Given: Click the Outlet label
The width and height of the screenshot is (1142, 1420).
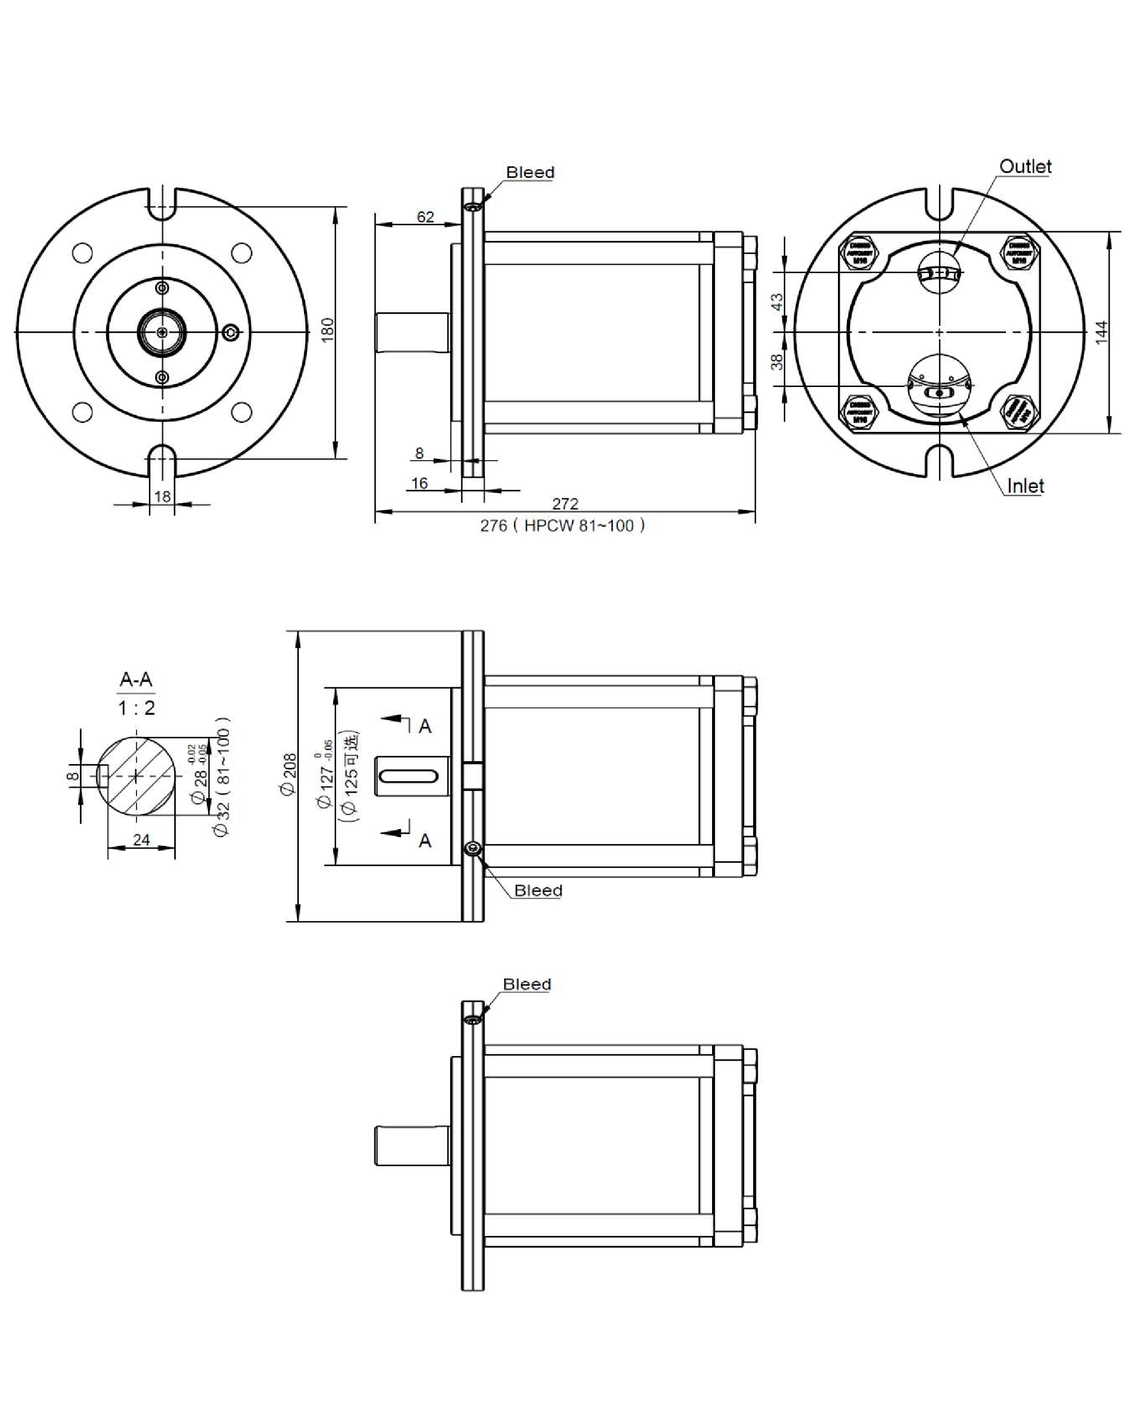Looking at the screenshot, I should click(x=1025, y=167).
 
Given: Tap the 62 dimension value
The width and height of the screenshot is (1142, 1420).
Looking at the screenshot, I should click(x=425, y=217).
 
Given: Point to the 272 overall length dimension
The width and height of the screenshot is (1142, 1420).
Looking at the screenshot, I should click(x=565, y=504).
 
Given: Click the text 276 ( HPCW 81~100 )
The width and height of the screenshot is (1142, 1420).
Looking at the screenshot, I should click(x=562, y=526).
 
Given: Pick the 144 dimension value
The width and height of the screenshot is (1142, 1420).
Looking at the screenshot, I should click(x=1101, y=332).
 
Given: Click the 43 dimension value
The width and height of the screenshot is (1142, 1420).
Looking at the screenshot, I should click(x=778, y=302).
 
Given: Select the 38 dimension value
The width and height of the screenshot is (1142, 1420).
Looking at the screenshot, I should click(x=778, y=362).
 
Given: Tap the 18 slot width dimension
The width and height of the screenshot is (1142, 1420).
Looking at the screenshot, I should click(x=162, y=496).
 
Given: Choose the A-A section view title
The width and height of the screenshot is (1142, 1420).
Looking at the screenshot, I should click(x=136, y=679).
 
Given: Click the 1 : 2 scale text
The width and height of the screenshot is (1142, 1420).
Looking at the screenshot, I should click(x=137, y=708).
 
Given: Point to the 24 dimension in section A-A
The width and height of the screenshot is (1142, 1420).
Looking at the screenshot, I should click(x=141, y=840).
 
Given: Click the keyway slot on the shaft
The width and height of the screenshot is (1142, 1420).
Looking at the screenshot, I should click(x=409, y=776).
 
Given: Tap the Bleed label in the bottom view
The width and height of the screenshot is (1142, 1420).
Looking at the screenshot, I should click(x=527, y=984).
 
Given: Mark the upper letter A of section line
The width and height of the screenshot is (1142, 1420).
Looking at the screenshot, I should click(x=425, y=726).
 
